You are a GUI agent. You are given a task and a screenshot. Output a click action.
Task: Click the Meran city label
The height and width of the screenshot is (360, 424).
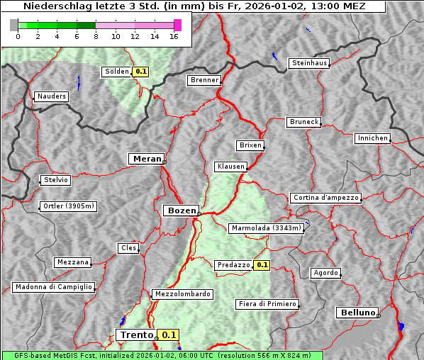(x=146, y=159)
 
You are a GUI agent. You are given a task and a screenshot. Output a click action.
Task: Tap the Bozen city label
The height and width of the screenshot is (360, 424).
(x=181, y=210)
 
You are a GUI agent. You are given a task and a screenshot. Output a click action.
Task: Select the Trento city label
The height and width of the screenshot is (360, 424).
(x=136, y=335)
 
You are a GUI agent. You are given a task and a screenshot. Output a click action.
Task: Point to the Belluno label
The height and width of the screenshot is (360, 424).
(x=357, y=312)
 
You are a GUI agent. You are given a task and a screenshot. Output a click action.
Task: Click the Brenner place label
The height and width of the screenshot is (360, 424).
(x=205, y=80)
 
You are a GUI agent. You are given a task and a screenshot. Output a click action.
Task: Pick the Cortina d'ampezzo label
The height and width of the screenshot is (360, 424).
(x=325, y=198)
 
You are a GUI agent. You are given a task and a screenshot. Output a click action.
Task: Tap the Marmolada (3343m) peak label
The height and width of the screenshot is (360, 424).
(x=267, y=228)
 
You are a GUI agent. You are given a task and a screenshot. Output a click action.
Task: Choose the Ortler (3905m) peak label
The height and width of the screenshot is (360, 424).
(x=69, y=206)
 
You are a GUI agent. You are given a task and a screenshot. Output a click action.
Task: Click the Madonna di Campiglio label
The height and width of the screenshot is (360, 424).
(x=53, y=287)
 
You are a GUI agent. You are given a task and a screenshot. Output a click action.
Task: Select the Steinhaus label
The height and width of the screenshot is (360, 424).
(x=310, y=63)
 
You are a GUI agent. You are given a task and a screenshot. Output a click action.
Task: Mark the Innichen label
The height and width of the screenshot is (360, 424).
(x=372, y=138)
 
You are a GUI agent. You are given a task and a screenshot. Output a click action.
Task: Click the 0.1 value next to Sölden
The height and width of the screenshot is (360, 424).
(x=141, y=72)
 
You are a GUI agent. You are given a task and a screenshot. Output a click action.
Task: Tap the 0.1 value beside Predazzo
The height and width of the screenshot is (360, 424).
(x=262, y=265)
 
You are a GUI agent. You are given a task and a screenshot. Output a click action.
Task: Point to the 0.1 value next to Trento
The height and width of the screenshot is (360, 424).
(x=169, y=335)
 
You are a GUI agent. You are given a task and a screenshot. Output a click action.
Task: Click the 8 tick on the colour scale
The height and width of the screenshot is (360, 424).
(x=96, y=36)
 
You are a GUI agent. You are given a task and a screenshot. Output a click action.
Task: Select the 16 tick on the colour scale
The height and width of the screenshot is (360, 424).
(x=174, y=36)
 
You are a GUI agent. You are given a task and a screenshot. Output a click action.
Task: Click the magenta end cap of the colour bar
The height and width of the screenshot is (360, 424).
(x=177, y=25)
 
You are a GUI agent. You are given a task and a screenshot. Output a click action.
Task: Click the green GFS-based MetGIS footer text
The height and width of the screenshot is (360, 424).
(x=162, y=355)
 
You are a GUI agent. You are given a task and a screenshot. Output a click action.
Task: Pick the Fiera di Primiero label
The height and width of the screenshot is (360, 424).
(x=267, y=304)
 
